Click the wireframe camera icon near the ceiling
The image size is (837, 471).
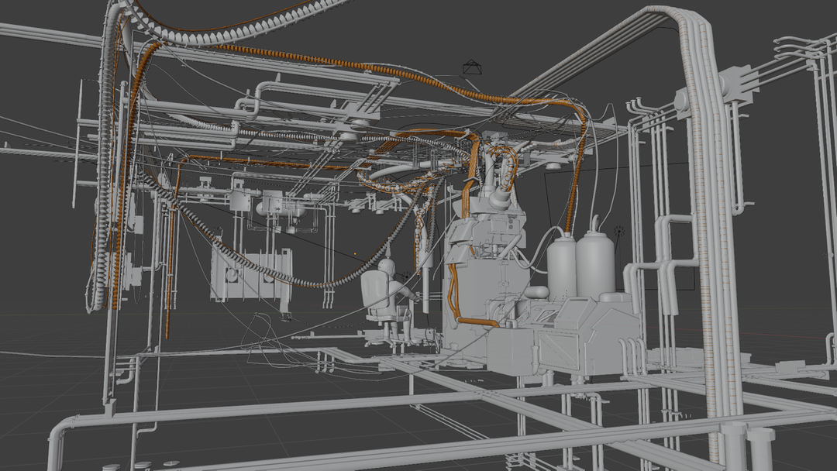click(x=471, y=68)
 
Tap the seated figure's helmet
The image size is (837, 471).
click(x=387, y=268)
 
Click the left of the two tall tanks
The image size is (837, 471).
click(x=562, y=268)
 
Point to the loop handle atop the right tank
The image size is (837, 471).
click(x=595, y=223)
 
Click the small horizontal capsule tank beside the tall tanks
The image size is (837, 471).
click(x=536, y=292)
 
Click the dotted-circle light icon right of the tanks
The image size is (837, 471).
click(x=618, y=232)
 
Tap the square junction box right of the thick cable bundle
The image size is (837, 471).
click(x=737, y=84)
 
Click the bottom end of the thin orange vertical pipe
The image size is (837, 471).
click(x=167, y=335)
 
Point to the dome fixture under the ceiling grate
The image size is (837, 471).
click(x=553, y=166)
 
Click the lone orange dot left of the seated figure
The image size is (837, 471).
click(x=356, y=253)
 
